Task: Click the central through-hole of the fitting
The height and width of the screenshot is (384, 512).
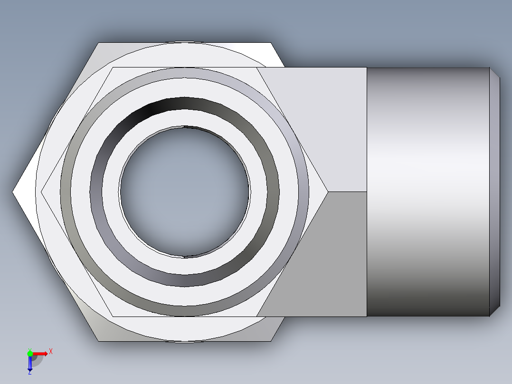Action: [184, 192]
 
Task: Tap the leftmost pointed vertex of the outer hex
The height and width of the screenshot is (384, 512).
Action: [13, 192]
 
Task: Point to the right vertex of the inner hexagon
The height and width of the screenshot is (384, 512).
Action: [327, 192]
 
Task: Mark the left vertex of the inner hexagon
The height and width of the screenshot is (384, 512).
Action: [42, 192]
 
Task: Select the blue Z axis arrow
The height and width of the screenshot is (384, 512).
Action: [30, 364]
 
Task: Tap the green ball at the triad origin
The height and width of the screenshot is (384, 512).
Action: [30, 353]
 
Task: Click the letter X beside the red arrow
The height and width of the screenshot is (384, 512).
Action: [50, 351]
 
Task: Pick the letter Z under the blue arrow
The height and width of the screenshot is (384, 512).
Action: [29, 373]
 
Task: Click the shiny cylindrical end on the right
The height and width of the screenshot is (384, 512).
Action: [427, 192]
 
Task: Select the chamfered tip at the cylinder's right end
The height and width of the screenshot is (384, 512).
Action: [495, 192]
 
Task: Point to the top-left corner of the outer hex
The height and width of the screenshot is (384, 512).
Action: [99, 43]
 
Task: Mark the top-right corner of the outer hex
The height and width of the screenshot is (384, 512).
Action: [273, 43]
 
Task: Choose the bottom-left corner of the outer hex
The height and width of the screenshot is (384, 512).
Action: [99, 341]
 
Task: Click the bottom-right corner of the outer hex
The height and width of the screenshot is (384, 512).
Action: [272, 341]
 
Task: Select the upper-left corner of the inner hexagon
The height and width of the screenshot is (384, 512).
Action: [113, 67]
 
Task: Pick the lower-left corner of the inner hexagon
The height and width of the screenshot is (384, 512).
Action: [113, 316]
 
